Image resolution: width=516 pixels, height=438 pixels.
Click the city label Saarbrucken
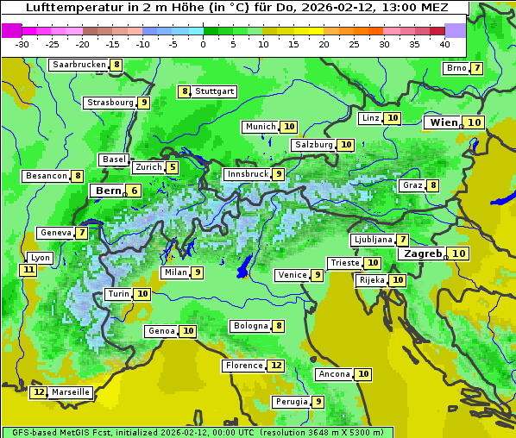click(79, 65)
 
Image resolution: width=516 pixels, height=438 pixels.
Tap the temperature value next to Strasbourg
click(144, 103)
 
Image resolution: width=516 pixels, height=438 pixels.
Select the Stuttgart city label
click(214, 91)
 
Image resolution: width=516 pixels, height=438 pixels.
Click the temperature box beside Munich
click(289, 127)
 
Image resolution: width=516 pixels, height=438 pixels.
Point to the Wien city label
click(444, 123)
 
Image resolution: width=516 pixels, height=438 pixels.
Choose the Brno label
click(456, 69)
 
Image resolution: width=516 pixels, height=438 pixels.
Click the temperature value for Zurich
click(173, 167)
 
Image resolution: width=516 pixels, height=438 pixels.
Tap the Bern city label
click(108, 191)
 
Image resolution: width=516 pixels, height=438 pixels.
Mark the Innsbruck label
click(248, 174)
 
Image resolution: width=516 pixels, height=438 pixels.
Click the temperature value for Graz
click(432, 185)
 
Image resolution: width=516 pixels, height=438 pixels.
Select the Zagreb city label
click(422, 253)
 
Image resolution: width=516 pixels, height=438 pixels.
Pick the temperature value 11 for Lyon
click(28, 270)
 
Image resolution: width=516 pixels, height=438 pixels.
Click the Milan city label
click(175, 272)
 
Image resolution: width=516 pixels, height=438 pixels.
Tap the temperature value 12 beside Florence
click(275, 366)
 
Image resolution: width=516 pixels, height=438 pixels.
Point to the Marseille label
click(71, 392)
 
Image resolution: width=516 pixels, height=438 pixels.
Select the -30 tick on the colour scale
click(22, 43)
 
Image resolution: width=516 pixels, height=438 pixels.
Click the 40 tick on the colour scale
click(444, 43)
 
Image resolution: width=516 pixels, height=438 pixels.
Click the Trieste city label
click(344, 263)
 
